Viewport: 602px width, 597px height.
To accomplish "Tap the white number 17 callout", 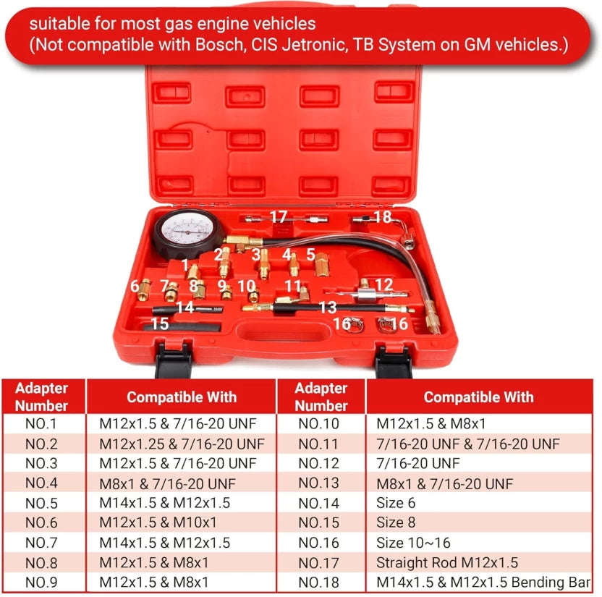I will [279, 216].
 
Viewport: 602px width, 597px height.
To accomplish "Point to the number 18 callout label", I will [383, 217].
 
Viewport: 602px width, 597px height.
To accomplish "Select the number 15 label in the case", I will [160, 324].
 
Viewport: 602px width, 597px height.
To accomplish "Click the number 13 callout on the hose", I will [328, 308].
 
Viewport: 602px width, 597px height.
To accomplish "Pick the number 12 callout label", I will [383, 285].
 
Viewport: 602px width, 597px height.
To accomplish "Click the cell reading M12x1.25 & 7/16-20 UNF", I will [182, 443].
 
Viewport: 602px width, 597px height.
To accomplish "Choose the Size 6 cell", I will [396, 502].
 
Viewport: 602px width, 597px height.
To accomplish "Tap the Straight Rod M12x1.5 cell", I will [447, 562].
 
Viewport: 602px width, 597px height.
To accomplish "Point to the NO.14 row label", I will [321, 502].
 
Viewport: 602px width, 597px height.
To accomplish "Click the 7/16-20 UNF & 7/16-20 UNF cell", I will [467, 443].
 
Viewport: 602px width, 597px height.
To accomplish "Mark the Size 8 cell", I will [396, 522].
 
